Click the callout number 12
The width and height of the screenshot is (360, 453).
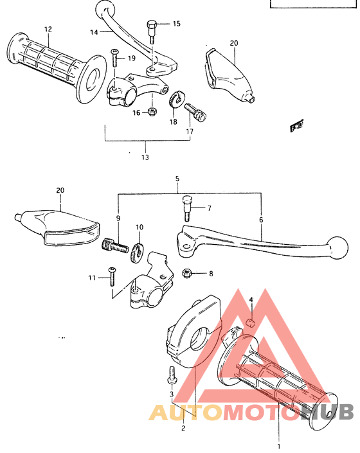coord(47,30)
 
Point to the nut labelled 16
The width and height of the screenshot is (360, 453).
coord(152,112)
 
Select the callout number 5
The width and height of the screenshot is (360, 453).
coord(177,180)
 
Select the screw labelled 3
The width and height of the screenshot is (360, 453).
coord(172,373)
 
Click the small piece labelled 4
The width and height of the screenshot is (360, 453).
coord(252,321)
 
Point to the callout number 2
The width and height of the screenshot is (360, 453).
coord(183,428)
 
